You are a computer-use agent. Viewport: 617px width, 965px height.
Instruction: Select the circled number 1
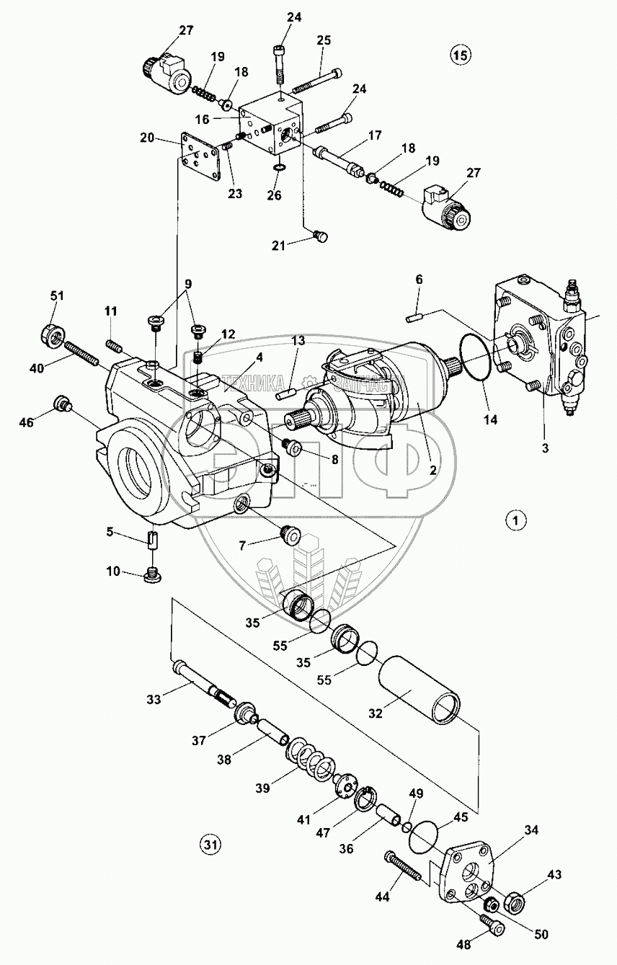(516, 520)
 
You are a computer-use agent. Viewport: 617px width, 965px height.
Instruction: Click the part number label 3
(545, 448)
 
